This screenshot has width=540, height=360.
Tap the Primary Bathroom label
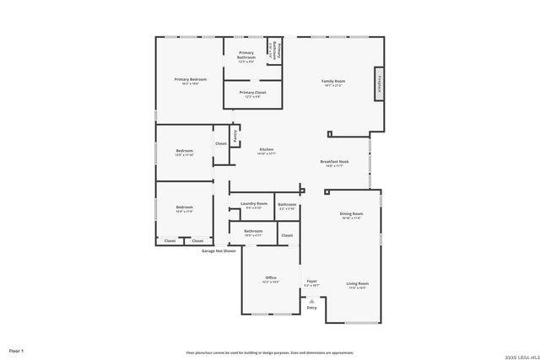coord(246,56)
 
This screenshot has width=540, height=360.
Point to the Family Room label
coord(333,82)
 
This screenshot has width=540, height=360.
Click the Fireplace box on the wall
coord(380,83)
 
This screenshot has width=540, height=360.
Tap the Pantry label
coord(235,135)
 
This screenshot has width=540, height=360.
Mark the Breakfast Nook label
coord(334,162)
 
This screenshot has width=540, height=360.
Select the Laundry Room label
coord(253,203)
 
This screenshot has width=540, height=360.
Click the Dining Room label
coord(351,214)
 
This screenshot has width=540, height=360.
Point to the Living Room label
coord(357,283)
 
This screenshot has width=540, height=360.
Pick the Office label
coord(271,277)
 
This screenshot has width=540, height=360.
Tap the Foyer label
coord(311,281)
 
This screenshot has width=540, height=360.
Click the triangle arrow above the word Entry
coord(311,300)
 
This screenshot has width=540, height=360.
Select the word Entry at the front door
coord(311,308)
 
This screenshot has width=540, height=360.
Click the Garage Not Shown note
coord(219,250)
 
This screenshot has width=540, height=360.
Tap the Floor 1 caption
coord(16,350)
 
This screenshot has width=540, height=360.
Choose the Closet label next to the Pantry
coord(220,143)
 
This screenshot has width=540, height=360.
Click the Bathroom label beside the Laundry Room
coord(287,204)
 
